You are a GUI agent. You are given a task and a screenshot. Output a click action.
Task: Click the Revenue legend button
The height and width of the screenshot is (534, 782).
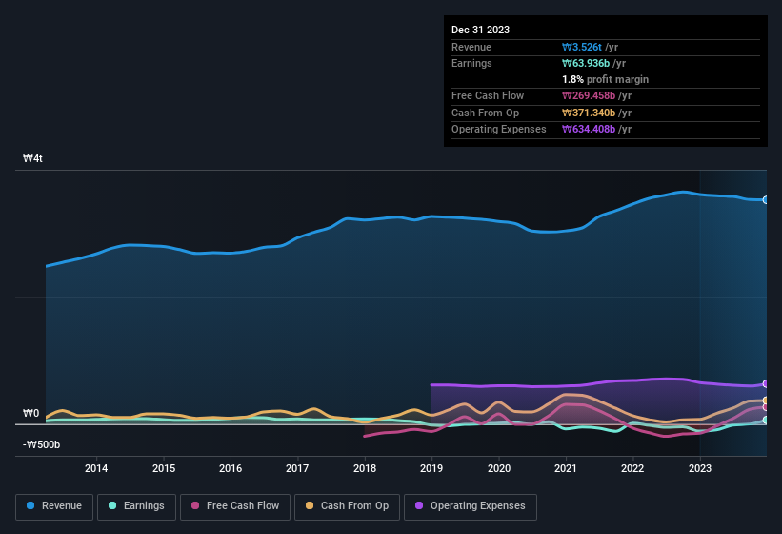click(x=54, y=506)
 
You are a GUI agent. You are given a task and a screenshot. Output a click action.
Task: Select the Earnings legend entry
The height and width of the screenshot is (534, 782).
click(x=137, y=506)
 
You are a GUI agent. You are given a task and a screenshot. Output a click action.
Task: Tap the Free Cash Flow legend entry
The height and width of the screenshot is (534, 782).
click(x=236, y=506)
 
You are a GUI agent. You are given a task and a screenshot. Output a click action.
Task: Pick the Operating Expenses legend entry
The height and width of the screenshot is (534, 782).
click(x=471, y=506)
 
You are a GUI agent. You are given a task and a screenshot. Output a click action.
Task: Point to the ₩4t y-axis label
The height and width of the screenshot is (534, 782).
click(x=33, y=159)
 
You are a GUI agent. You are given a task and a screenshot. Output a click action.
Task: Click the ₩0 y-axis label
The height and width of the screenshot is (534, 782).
click(x=30, y=414)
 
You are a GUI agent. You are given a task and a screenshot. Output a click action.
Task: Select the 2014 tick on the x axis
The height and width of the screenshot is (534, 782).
click(x=95, y=468)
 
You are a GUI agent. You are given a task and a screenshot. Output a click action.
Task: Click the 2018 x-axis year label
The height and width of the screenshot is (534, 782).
click(x=364, y=468)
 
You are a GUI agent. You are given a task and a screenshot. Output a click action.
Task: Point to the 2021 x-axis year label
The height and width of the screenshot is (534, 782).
click(x=566, y=468)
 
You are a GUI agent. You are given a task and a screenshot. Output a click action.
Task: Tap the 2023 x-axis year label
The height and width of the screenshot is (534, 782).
click(x=700, y=468)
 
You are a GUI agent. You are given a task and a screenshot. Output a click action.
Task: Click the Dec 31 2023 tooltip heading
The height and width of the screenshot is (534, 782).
click(x=480, y=30)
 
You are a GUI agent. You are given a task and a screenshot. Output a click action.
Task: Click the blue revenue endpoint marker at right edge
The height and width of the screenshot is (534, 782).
click(x=766, y=199)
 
